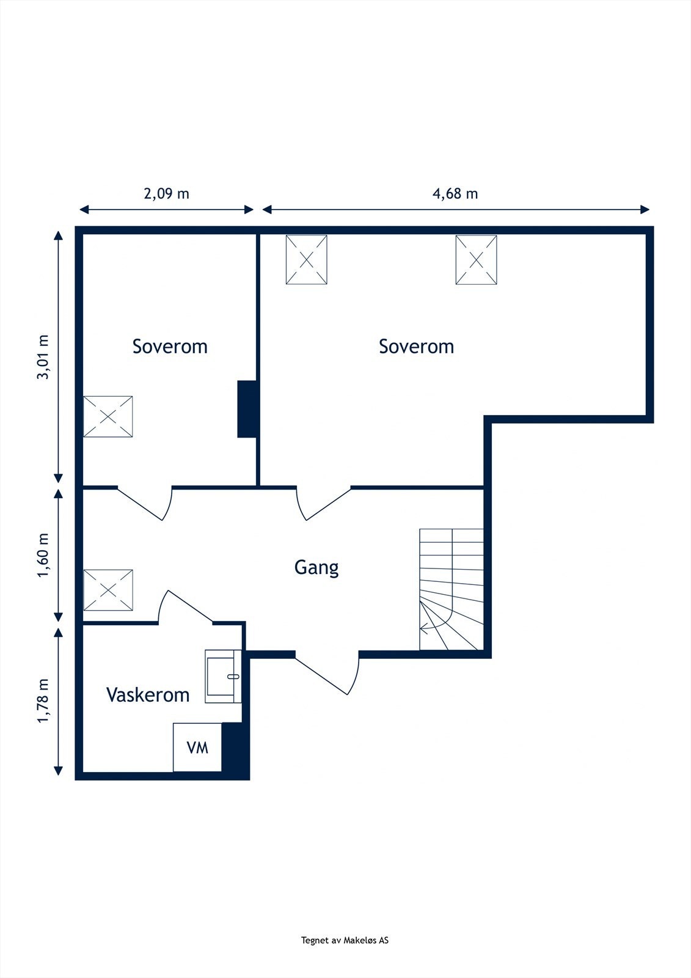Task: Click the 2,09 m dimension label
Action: pyautogui.click(x=166, y=194)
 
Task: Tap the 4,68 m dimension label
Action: pyautogui.click(x=455, y=194)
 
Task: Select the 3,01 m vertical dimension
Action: pyautogui.click(x=43, y=357)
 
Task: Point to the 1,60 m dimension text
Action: pyautogui.click(x=43, y=555)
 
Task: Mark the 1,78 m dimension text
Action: pyautogui.click(x=43, y=700)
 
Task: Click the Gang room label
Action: pyautogui.click(x=316, y=568)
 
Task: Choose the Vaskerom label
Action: pyautogui.click(x=148, y=695)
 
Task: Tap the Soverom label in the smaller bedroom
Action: pyautogui.click(x=170, y=347)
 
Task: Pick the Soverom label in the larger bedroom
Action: pyautogui.click(x=416, y=347)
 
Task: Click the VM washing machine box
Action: pyautogui.click(x=197, y=747)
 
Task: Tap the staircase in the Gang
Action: pyautogui.click(x=451, y=589)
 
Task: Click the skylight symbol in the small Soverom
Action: pyautogui.click(x=108, y=416)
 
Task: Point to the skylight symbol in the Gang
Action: pyautogui.click(x=108, y=590)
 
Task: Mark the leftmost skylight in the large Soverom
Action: pyautogui.click(x=306, y=260)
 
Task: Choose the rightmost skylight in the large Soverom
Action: pyautogui.click(x=476, y=260)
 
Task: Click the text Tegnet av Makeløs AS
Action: pyautogui.click(x=345, y=941)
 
